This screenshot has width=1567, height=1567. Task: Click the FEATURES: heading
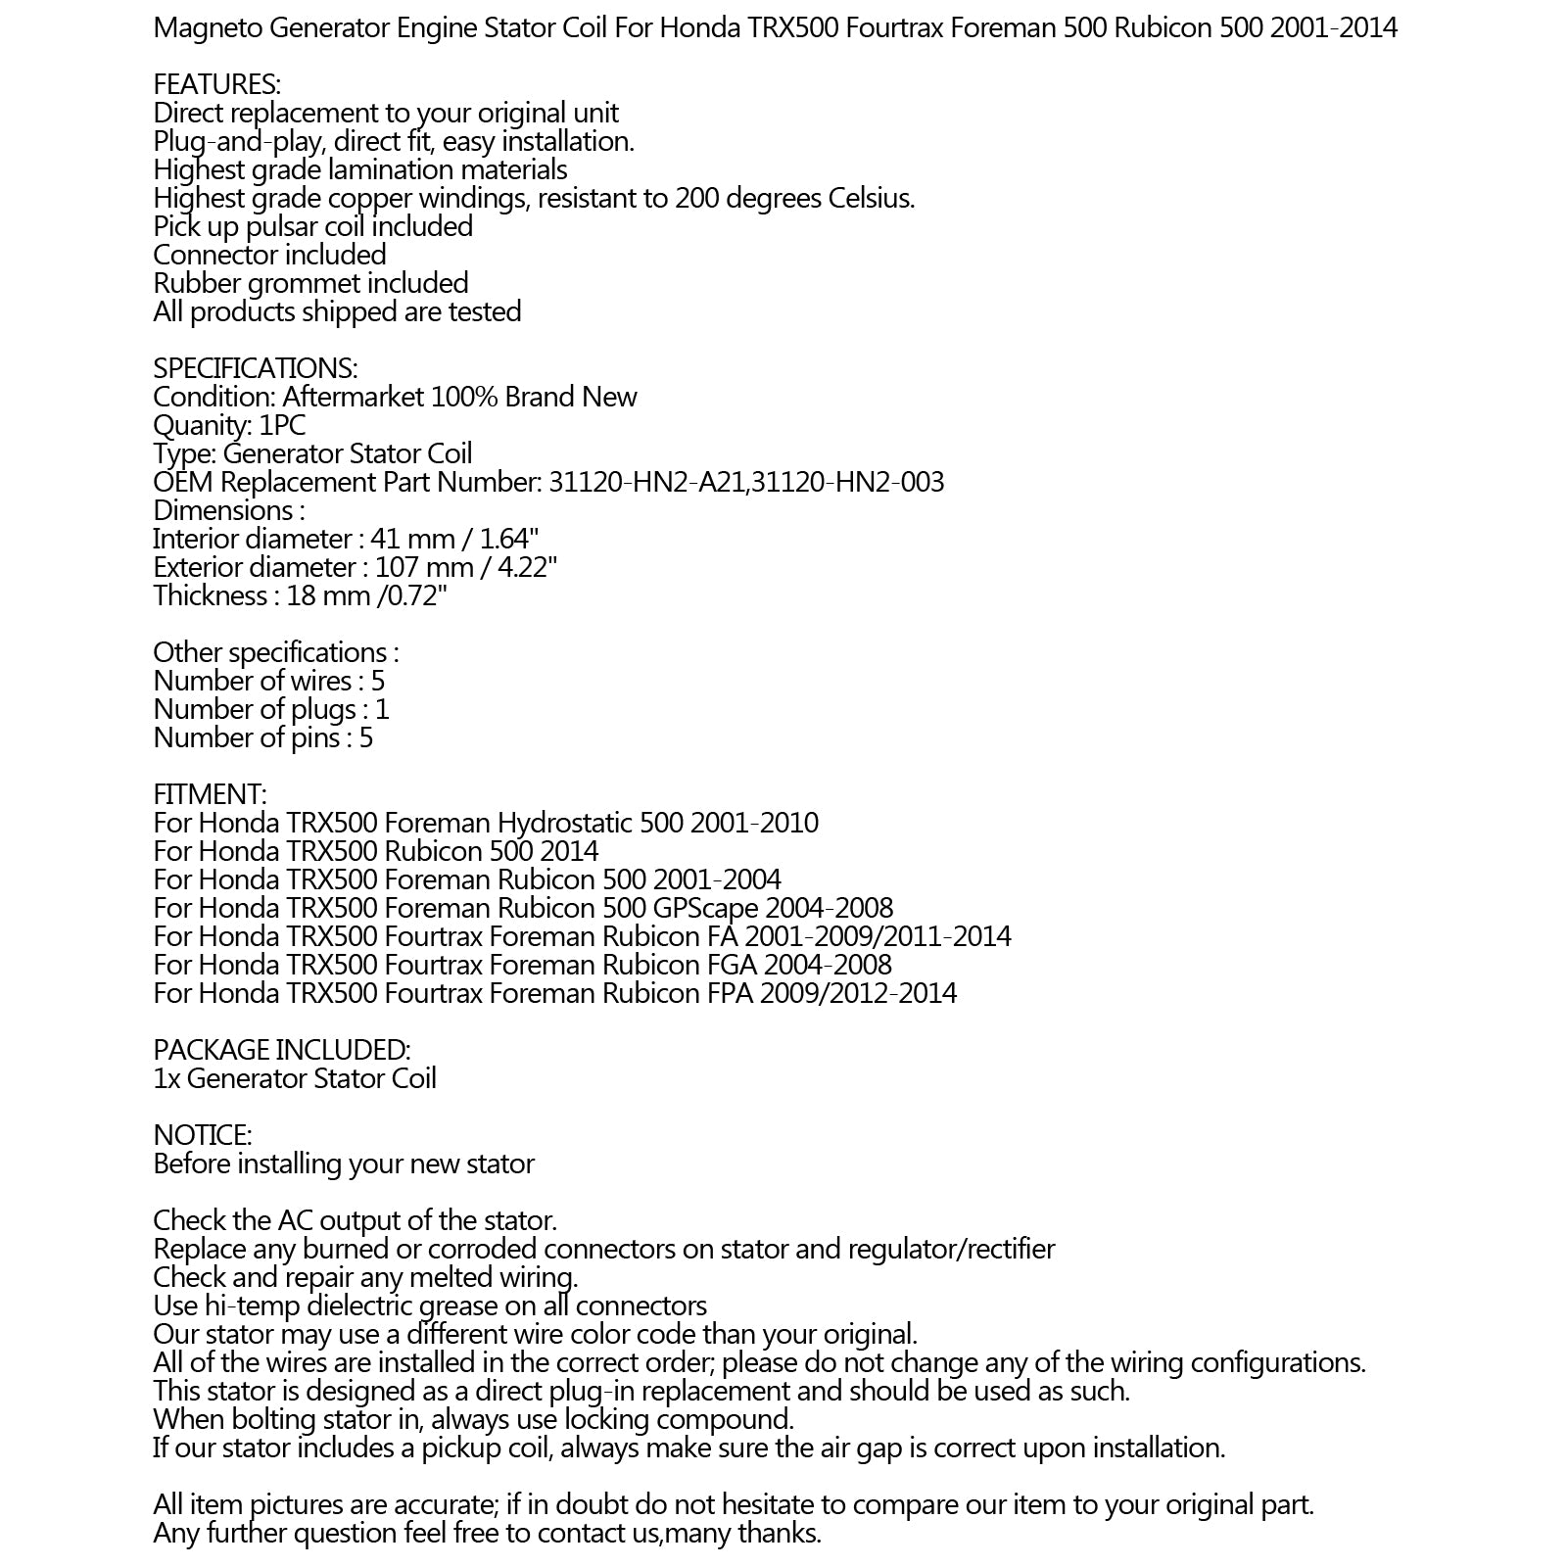(x=216, y=85)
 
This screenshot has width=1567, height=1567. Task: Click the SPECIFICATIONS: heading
(x=256, y=369)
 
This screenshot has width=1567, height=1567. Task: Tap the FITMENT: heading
(x=210, y=795)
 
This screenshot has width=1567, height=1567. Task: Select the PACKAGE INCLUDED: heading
(x=281, y=1051)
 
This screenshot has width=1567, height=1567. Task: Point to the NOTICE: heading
(x=202, y=1136)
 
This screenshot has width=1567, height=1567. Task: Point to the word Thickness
(x=210, y=596)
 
